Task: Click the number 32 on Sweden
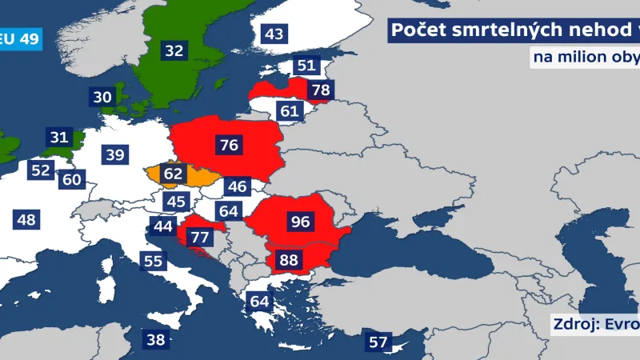coord(174,50)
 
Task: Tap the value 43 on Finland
coord(274,34)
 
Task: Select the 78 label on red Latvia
coord(320,90)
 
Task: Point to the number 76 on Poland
coord(229,145)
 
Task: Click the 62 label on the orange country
coord(173,172)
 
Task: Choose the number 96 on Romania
coord(300,222)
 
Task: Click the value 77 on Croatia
coord(199,237)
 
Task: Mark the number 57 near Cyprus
coord(378,342)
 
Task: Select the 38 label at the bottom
coord(156,339)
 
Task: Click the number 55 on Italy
coord(153,260)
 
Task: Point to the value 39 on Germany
coord(115,155)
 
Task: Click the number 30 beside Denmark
coord(102,97)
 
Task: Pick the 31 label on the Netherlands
coord(59,137)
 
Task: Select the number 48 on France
coord(26,218)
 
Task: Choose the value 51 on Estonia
coord(306,66)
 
